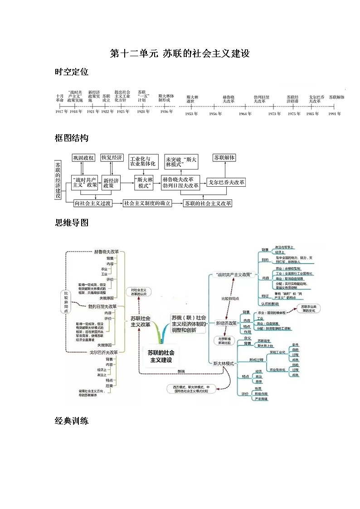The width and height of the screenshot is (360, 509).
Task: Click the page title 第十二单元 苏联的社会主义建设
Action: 180,54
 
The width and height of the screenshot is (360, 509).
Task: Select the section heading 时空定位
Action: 71,72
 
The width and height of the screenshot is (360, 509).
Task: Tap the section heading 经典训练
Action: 71,421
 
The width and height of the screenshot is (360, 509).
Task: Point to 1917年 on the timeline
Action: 62,111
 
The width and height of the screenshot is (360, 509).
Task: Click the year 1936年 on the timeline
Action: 166,111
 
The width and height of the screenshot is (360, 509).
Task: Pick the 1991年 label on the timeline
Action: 335,114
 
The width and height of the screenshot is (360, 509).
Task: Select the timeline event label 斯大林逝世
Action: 193,99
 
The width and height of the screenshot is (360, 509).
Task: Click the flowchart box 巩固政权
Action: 83,158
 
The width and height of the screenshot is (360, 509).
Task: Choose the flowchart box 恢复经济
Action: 112,158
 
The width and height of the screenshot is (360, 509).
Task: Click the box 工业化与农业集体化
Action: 143,161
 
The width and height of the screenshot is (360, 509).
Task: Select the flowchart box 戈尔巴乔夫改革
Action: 226,182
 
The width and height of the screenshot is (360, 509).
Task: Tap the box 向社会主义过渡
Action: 92,204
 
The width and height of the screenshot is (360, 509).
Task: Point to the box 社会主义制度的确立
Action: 147,204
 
